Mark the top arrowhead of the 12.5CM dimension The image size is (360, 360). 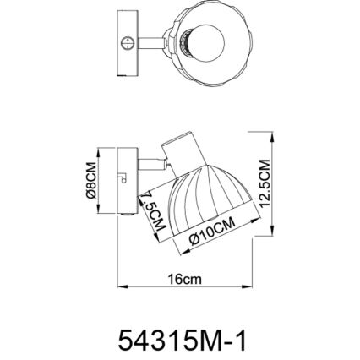[x=272, y=134]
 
